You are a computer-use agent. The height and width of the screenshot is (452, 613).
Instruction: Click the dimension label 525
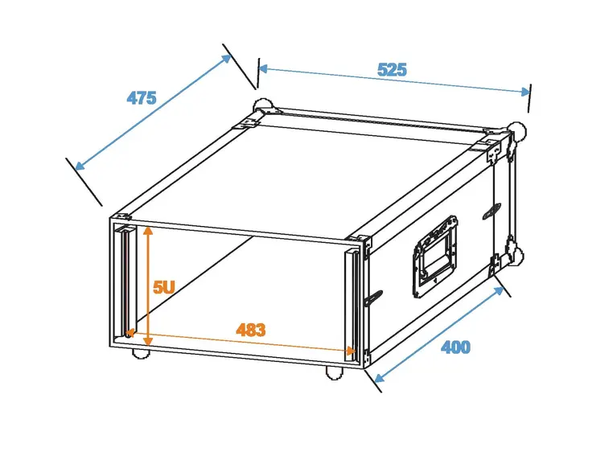pos(392,70)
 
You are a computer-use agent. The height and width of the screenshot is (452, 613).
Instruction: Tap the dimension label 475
pos(141,98)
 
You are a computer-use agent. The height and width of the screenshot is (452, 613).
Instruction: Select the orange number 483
pos(250,330)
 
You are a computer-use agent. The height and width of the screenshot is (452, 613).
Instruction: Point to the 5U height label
pos(164,287)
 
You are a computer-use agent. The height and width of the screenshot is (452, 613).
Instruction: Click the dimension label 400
pos(455,347)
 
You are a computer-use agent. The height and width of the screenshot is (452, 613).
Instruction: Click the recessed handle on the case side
pos(434,253)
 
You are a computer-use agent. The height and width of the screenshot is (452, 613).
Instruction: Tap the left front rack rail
pos(125,281)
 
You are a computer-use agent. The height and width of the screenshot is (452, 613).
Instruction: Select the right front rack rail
pos(352,302)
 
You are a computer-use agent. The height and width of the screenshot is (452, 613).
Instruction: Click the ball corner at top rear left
pos(261,107)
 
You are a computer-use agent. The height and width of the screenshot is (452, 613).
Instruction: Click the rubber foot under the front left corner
pos(140,351)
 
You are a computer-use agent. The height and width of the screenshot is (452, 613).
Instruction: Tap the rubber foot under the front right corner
pos(332,372)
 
